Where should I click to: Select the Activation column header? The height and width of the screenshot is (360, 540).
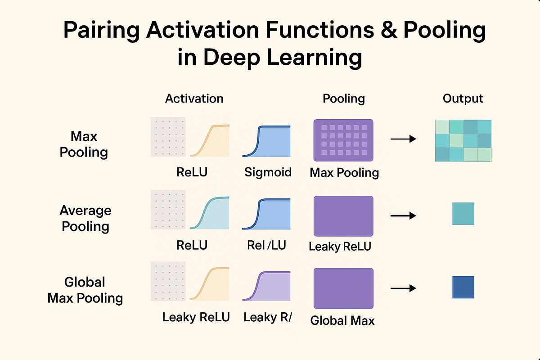194,99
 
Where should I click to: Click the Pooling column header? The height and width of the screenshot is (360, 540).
344,99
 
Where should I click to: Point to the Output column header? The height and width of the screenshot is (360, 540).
463,99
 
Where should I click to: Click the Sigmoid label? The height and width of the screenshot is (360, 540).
268,172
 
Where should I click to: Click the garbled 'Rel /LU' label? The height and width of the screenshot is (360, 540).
266,245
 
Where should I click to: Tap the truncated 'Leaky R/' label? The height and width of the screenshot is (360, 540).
268,317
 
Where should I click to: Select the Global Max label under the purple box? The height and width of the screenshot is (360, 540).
342,320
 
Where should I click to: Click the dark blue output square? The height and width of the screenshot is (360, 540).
463,287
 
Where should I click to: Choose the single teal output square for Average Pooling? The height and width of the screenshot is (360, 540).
463,214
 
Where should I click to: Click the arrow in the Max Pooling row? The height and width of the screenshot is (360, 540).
403,139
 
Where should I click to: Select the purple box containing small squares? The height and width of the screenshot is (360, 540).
343,140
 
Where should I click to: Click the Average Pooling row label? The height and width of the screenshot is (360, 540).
85,218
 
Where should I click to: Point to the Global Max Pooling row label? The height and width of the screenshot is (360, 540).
85,290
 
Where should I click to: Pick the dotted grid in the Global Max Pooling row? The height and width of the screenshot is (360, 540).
167,282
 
